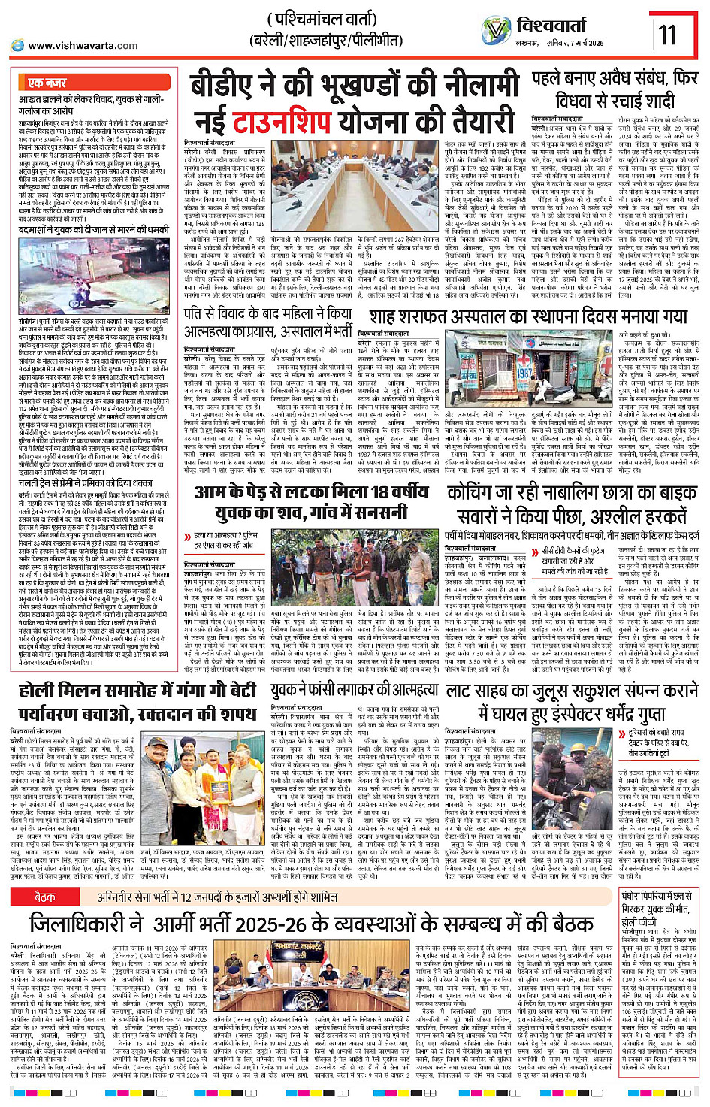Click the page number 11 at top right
pyautogui.click(x=668, y=35)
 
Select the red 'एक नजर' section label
pyautogui.click(x=47, y=83)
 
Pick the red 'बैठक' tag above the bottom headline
pyautogui.click(x=45, y=897)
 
